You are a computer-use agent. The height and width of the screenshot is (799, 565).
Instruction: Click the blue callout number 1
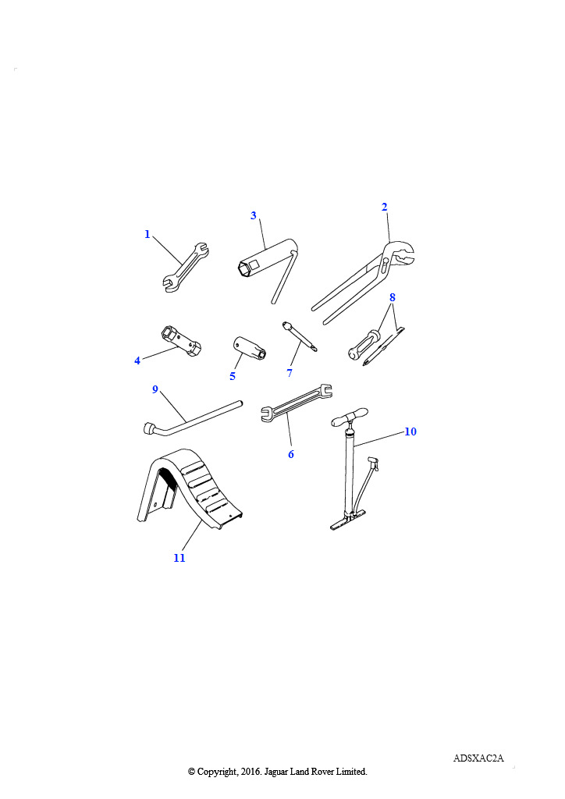tap(147, 234)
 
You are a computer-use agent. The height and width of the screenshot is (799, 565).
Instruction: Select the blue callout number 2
tap(384, 207)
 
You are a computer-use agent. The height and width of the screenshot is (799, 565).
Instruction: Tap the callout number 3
tap(253, 215)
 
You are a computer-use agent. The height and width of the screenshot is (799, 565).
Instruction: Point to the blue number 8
tap(392, 297)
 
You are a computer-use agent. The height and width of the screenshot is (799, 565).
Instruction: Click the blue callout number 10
tap(410, 431)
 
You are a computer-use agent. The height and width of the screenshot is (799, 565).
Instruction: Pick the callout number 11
tap(179, 558)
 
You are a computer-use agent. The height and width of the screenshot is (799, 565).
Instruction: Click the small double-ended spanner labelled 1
tap(186, 267)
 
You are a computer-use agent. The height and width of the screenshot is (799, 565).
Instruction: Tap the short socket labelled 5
tap(250, 348)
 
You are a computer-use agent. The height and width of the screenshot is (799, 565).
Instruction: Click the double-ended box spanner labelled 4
tap(181, 341)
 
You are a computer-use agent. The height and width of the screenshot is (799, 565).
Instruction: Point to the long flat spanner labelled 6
tap(296, 403)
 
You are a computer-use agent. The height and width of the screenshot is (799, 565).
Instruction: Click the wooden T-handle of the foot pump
tap(349, 417)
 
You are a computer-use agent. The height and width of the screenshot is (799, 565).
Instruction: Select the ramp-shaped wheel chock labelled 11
tap(190, 490)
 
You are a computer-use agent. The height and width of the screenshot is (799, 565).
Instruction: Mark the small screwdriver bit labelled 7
tap(300, 336)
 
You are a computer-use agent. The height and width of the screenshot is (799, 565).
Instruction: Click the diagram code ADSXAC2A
tap(478, 758)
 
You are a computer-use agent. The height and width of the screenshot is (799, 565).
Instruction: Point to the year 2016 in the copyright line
tap(251, 772)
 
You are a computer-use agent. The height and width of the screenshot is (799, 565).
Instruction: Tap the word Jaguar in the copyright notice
tap(276, 772)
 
